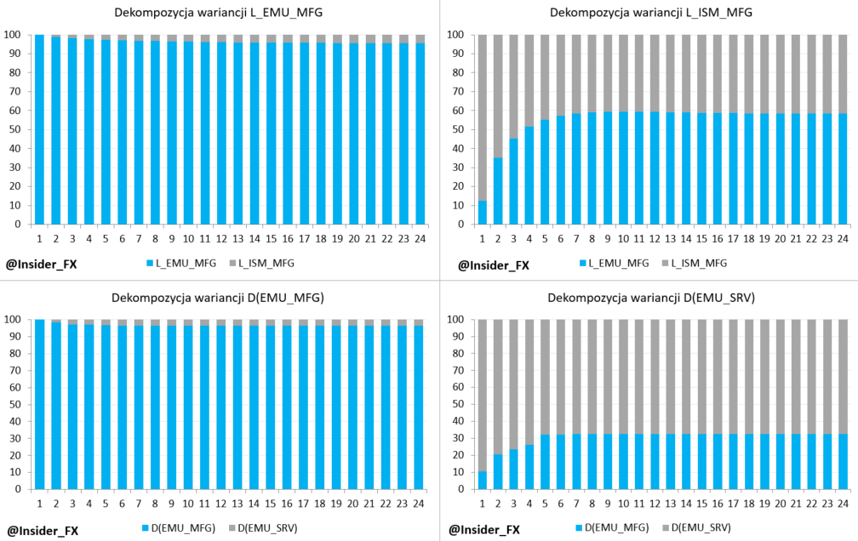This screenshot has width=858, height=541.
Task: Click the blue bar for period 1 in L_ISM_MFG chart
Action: (483, 213)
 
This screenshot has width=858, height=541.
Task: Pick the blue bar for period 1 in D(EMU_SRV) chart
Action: (483, 481)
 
